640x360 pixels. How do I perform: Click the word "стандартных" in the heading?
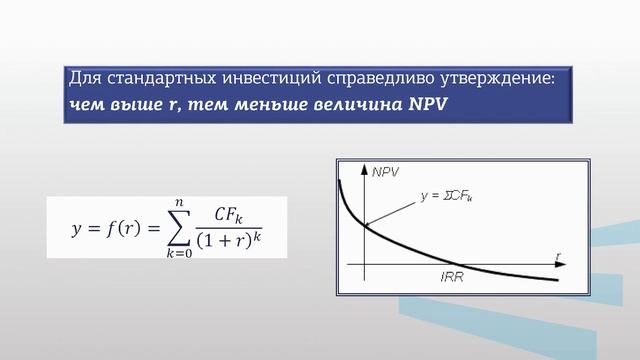tap(151, 78)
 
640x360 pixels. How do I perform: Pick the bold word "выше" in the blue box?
tap(133, 104)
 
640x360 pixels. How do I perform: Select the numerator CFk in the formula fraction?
tap(237, 213)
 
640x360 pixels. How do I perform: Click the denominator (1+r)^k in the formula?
tap(237, 241)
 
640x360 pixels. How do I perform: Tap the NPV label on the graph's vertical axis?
tap(385, 172)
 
